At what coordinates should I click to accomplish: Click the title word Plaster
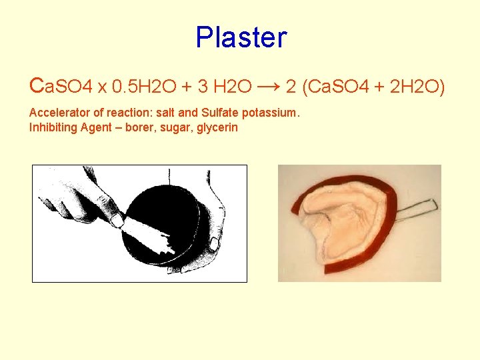click(x=241, y=37)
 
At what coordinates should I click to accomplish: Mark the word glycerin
click(x=215, y=127)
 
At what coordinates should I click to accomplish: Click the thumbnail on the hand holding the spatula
click(x=116, y=219)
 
